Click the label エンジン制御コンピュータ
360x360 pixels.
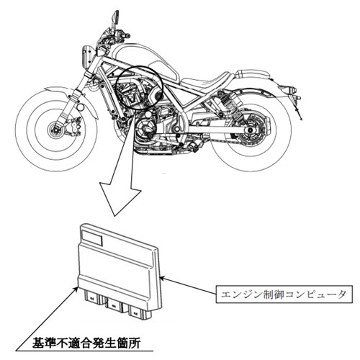284,294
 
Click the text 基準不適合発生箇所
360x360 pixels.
86,343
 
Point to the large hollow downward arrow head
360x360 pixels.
120,197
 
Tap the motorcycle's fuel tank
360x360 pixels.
144,60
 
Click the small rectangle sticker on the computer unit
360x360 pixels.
92,238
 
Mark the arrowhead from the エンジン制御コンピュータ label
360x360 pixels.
162,278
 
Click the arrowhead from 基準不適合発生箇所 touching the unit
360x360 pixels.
76,288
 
